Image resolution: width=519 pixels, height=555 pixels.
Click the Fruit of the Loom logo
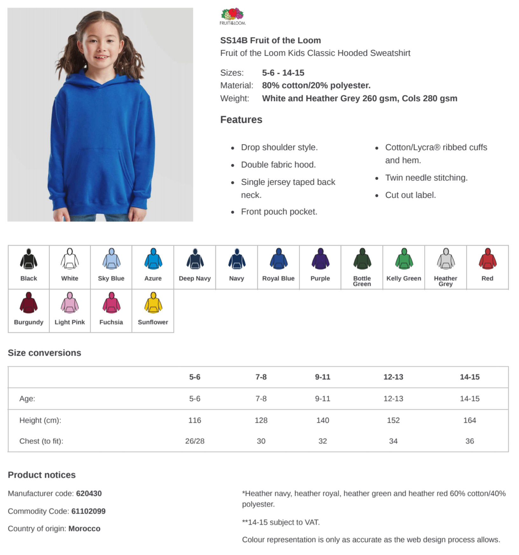point(232,17)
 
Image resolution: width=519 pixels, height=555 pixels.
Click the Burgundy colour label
point(29,322)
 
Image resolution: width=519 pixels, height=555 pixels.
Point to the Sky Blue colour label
point(111,278)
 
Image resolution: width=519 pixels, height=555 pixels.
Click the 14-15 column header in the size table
point(469,377)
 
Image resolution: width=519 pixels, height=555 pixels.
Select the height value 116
point(195,420)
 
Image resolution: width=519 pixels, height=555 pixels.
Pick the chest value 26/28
point(195,441)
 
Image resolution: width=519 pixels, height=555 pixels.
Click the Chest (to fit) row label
point(41,441)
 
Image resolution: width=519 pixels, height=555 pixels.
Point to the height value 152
point(393,420)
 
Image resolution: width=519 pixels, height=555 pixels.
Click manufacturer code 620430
point(89,493)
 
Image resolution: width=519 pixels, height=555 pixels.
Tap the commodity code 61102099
point(88,511)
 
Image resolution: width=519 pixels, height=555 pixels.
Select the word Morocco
point(84,529)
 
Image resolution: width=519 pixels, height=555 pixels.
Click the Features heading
point(241,120)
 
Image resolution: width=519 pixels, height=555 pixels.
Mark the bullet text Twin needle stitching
point(426,178)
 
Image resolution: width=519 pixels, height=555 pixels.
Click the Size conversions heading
point(45,353)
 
